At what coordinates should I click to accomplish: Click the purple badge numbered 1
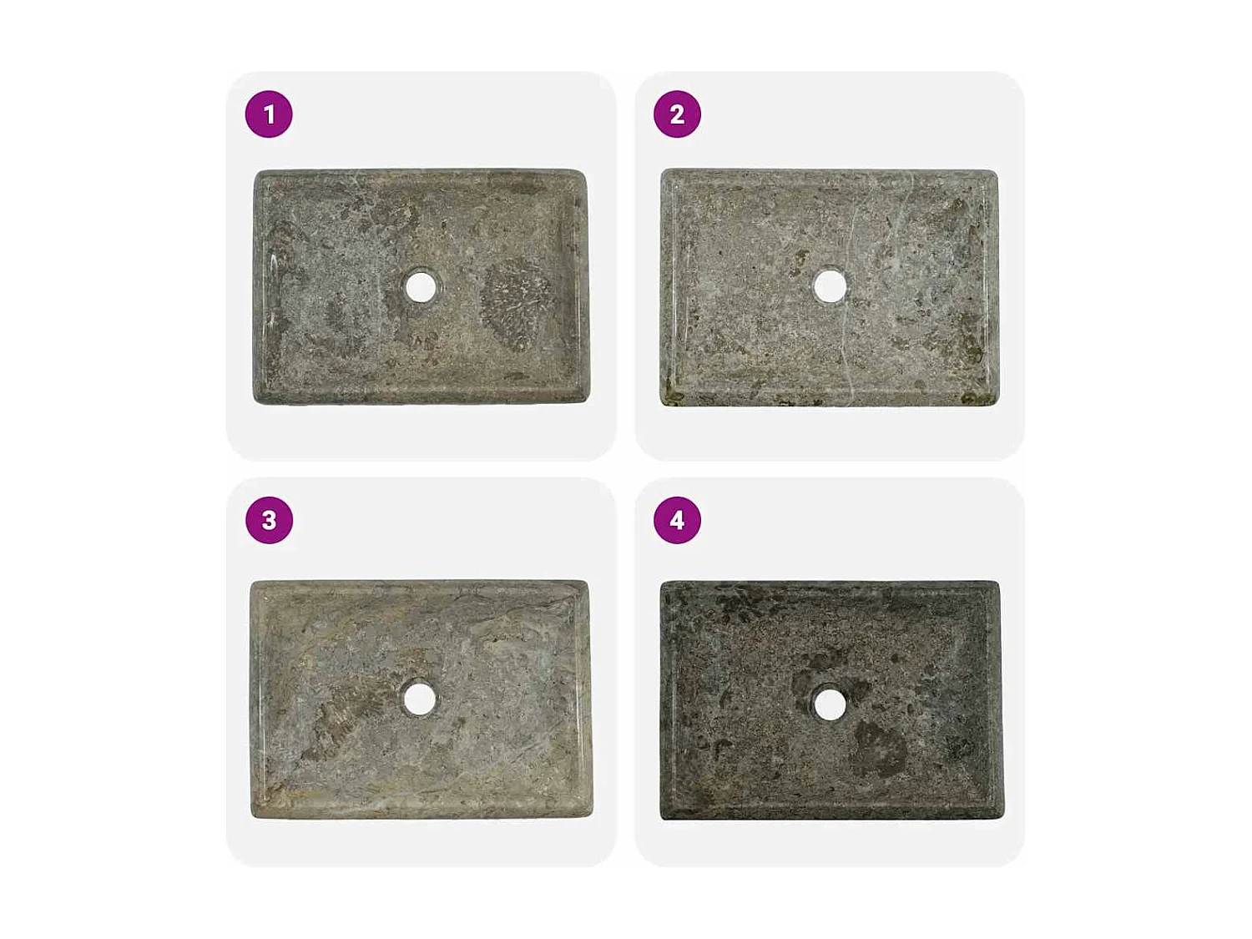[269, 114]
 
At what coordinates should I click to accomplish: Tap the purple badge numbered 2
[677, 114]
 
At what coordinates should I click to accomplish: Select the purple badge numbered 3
[269, 520]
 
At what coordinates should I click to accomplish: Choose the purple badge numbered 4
[677, 520]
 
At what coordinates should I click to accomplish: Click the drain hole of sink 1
[421, 287]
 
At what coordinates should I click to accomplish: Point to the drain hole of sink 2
[830, 286]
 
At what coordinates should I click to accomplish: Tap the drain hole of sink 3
[419, 699]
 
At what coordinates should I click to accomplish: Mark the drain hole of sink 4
[829, 704]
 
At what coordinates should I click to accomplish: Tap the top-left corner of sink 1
[258, 174]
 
